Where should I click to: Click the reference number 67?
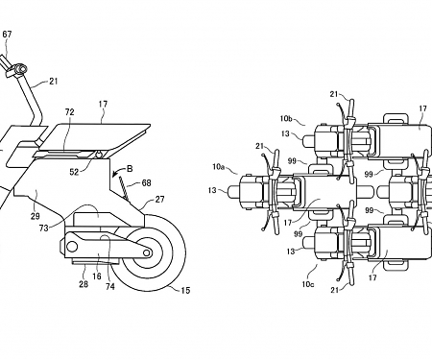(7, 35)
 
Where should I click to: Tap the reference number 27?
(159, 200)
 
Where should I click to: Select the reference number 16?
(97, 276)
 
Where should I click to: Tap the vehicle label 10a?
(219, 166)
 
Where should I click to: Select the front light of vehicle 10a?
(232, 190)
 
